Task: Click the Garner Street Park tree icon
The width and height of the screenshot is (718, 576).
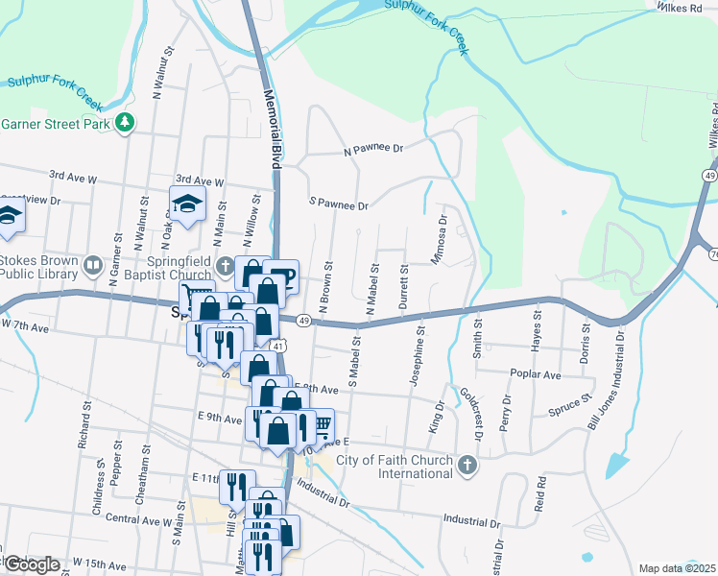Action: (x=124, y=123)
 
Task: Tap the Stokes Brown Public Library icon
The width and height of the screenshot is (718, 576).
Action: (x=93, y=264)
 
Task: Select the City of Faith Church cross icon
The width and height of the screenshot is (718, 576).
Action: (x=467, y=467)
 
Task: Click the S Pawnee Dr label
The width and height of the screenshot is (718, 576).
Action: (x=338, y=205)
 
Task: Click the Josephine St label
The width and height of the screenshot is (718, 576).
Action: (x=418, y=355)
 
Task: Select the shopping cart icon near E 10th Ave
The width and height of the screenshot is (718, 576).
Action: (x=323, y=423)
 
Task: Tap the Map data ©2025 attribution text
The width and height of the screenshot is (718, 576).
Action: (x=677, y=568)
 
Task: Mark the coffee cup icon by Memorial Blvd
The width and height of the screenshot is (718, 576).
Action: (x=285, y=275)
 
